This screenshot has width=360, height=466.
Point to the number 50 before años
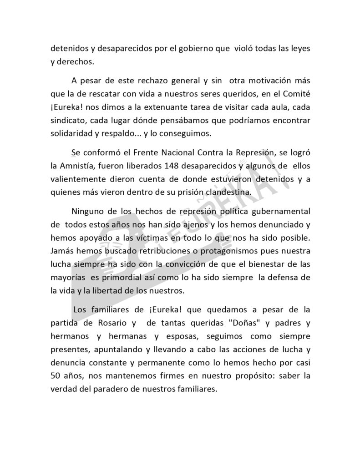pyautogui.click(x=56, y=377)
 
